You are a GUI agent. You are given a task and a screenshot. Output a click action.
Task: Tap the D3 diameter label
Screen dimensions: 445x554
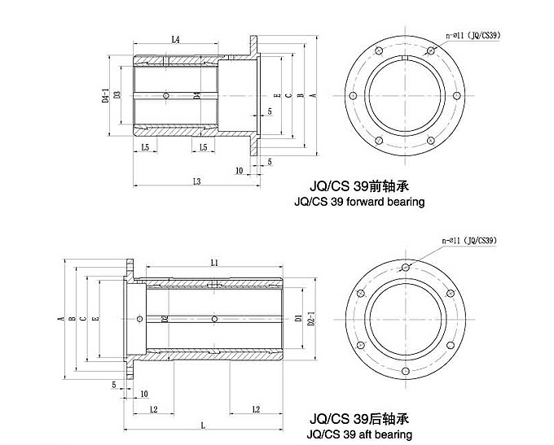(118, 96)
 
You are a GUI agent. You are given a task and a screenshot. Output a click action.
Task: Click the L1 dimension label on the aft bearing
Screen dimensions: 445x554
(214, 264)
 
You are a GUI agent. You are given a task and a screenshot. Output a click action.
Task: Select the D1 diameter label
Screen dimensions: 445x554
(299, 318)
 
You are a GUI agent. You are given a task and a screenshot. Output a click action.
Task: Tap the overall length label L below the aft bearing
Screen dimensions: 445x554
(203, 425)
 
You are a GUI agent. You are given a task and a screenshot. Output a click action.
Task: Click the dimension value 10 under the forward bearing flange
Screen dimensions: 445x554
(239, 171)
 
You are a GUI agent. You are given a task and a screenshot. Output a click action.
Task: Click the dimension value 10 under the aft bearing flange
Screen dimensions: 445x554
(144, 395)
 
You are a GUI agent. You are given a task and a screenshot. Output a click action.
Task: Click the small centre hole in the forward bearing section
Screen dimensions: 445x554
(167, 96)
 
